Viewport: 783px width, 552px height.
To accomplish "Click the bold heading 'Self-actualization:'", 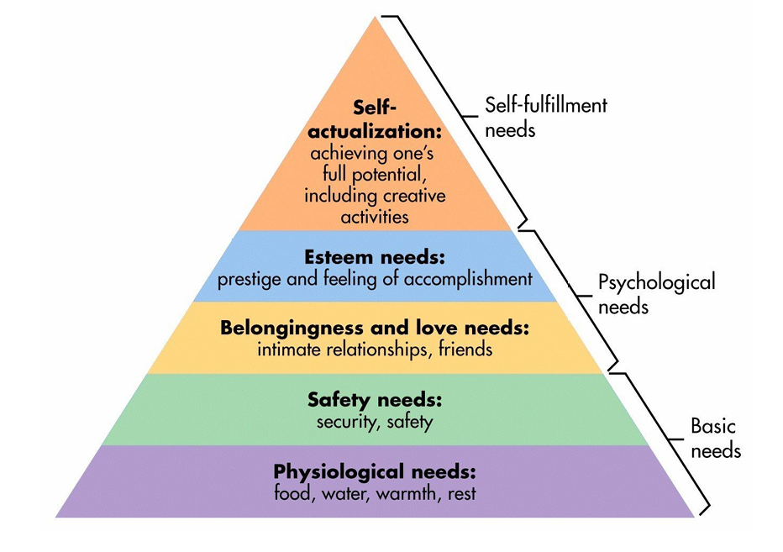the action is (x=375, y=119).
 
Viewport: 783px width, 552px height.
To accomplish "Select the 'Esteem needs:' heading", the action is (x=375, y=257).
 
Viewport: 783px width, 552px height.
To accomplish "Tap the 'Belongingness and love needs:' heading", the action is (x=375, y=329).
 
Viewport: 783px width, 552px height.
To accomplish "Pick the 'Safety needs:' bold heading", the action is (x=375, y=400).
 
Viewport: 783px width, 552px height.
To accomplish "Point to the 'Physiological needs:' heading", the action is (x=375, y=471).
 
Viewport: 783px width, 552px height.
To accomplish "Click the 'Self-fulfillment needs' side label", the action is (x=546, y=118).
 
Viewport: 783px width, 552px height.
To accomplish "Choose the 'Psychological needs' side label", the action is (x=657, y=294).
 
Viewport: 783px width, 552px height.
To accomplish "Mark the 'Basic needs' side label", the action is (x=716, y=438).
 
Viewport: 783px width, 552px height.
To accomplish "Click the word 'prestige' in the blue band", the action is (x=250, y=279).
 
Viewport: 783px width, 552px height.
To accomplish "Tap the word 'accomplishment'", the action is (x=469, y=279).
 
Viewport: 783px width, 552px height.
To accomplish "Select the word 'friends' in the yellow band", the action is (x=465, y=350).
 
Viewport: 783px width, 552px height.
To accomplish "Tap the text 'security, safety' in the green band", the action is (x=375, y=422).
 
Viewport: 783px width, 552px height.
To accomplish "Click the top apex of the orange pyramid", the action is (x=375, y=17).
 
